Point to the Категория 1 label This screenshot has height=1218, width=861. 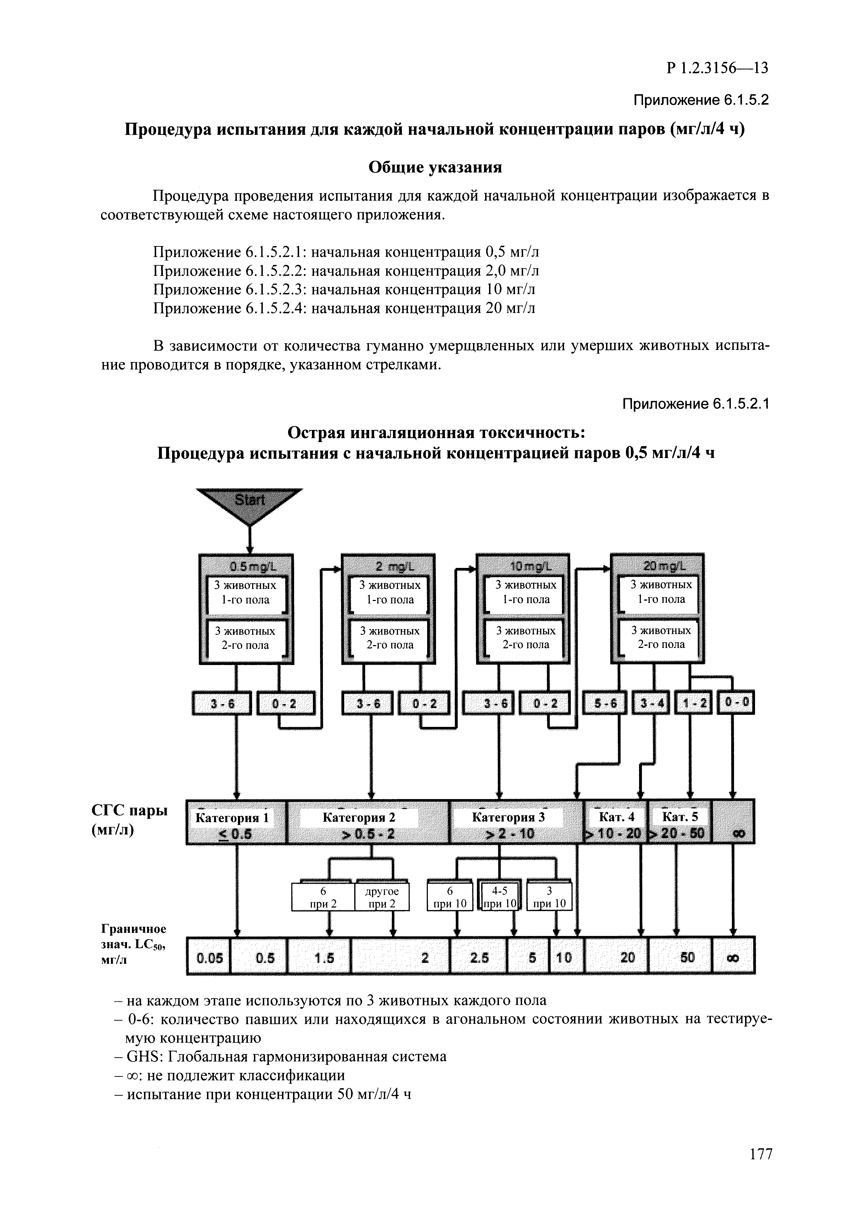coord(232,818)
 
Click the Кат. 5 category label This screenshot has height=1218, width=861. coord(680,818)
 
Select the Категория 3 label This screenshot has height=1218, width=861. coord(508,818)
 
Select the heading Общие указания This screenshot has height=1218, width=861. coord(435,167)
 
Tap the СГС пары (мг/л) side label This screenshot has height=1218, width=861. coord(129,820)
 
